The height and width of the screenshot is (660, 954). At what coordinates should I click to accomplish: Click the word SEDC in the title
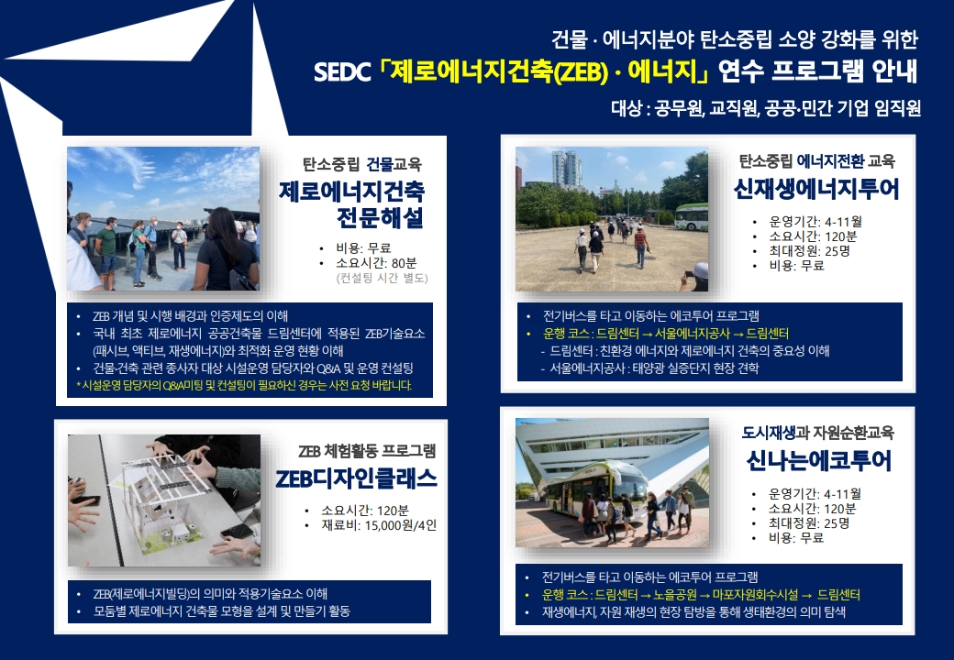click(x=341, y=72)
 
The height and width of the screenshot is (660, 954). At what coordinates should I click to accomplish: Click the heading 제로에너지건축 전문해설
click(x=352, y=204)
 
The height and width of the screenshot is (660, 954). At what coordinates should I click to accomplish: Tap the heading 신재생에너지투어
click(x=815, y=189)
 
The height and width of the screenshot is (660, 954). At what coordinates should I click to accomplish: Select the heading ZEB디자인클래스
click(x=357, y=478)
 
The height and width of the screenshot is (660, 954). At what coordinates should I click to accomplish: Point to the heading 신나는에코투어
click(x=818, y=461)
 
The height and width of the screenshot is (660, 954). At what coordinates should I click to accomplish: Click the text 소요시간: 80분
click(x=376, y=263)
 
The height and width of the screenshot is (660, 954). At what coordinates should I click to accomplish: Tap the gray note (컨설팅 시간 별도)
click(x=383, y=279)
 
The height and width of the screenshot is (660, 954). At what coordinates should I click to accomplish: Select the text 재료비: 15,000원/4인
click(x=379, y=525)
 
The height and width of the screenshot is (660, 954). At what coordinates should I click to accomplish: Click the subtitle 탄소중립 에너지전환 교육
click(x=816, y=161)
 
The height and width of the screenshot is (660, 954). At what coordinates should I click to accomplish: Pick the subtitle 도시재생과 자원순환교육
click(x=817, y=433)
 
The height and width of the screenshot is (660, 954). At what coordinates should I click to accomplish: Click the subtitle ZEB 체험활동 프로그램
click(x=367, y=451)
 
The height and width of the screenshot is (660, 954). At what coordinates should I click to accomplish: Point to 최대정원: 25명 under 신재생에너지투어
click(x=809, y=251)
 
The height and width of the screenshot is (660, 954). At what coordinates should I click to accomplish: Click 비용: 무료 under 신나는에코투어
click(x=796, y=538)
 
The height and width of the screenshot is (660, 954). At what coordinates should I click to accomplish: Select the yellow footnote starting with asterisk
click(x=244, y=385)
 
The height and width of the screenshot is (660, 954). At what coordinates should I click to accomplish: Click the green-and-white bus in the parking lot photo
click(x=692, y=217)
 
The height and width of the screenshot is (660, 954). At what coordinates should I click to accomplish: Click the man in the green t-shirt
click(x=107, y=249)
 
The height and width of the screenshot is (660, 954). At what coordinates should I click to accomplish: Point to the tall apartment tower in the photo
click(x=567, y=170)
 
